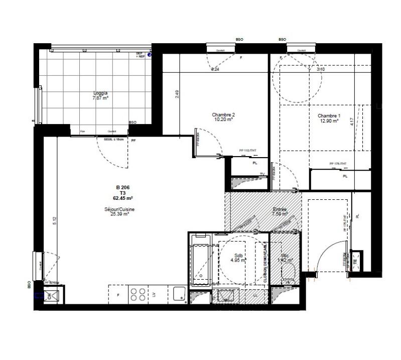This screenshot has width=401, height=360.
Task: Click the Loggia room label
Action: [100, 93]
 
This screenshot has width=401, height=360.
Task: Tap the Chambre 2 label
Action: [223, 114]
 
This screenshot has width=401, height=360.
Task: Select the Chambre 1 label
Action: [329, 115]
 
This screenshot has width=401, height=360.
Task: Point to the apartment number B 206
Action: [122, 187]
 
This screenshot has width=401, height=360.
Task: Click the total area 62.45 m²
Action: [122, 198]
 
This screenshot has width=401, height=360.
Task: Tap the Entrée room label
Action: [280, 209]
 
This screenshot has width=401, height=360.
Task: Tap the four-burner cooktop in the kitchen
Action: [138, 294]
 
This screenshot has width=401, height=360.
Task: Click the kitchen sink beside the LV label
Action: [178, 294]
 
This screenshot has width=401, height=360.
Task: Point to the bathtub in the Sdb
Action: [201, 264]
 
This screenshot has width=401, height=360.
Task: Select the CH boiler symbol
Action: [49, 295]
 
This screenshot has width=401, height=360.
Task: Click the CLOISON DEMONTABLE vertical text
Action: [265, 261]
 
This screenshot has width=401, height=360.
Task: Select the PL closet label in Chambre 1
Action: [345, 176]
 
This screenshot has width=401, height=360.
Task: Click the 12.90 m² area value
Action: [329, 121]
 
